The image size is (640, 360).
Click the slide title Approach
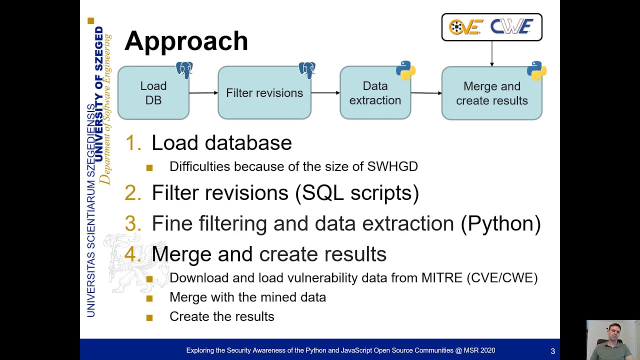[186, 41]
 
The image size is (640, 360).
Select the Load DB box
[153, 93]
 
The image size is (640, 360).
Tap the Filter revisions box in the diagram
[264, 93]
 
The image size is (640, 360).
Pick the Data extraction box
[375, 93]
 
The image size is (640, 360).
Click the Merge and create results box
[491, 93]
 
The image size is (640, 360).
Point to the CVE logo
[465, 27]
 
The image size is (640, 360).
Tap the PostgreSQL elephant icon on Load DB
[184, 69]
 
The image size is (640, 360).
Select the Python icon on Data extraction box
[405, 70]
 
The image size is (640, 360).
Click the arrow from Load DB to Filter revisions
[203, 92]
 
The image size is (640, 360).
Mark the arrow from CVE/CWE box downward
[492, 53]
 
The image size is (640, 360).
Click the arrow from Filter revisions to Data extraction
[325, 92]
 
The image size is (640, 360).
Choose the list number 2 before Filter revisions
[133, 193]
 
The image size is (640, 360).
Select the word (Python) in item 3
[500, 223]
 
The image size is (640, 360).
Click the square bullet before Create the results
[149, 317]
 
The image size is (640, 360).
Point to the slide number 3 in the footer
[552, 351]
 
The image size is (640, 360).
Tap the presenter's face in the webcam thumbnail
[611, 334]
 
